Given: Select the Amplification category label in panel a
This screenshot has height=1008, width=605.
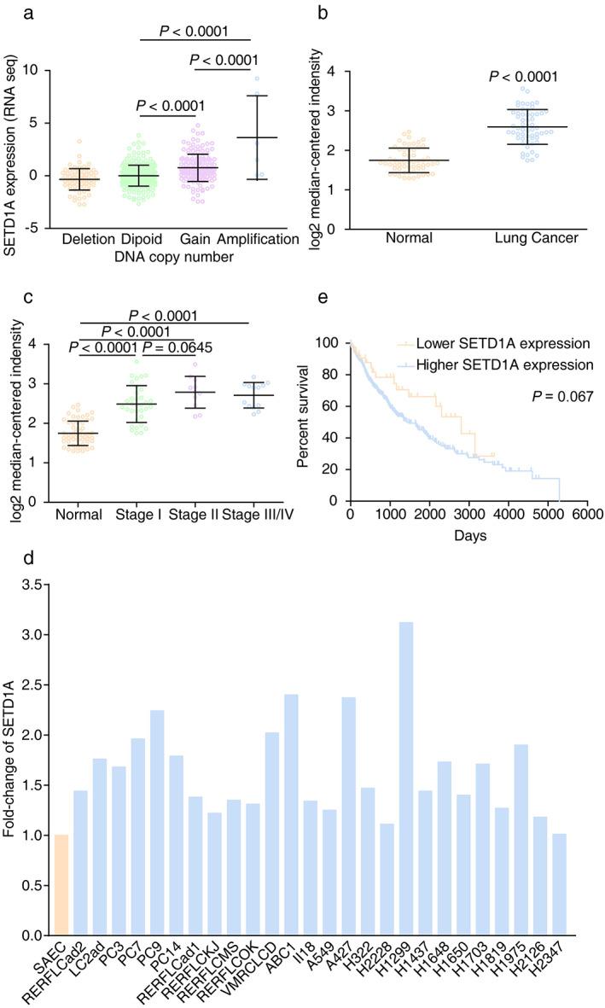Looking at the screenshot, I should [x=254, y=239].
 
